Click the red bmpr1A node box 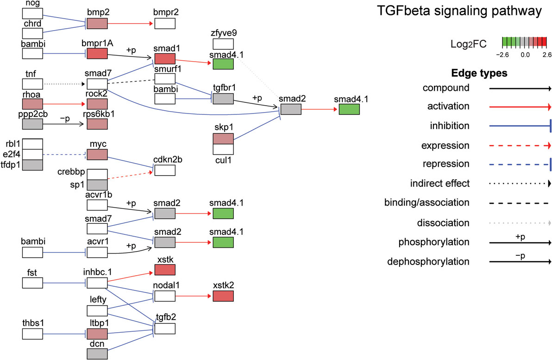pyautogui.click(x=97, y=53)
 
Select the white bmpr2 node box pyautogui.click(x=165, y=23)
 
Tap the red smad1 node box pyautogui.click(x=165, y=58)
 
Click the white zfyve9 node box pyautogui.click(x=223, y=44)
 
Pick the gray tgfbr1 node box pyautogui.click(x=223, y=99)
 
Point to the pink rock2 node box pyautogui.click(x=97, y=104)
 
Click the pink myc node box pyautogui.click(x=97, y=155)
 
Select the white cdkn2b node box pyautogui.click(x=165, y=171)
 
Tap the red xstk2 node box pyautogui.click(x=223, y=296)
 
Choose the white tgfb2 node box pyautogui.click(x=165, y=328)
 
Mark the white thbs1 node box pyautogui.click(x=32, y=333)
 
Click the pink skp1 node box pyautogui.click(x=223, y=139)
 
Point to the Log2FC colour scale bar pyautogui.click(x=527, y=43)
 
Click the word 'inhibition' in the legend pyautogui.click(x=450, y=126)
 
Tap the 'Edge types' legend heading pyautogui.click(x=478, y=73)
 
